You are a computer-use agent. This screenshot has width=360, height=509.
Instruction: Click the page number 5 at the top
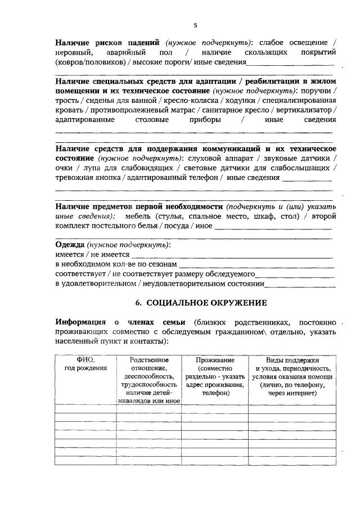pos(195,25)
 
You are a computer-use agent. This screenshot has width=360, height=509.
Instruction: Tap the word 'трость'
pos(66,100)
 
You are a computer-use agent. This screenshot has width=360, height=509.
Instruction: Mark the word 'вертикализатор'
pos(307,110)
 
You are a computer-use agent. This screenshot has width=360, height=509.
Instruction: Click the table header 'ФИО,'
pos(85,359)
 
